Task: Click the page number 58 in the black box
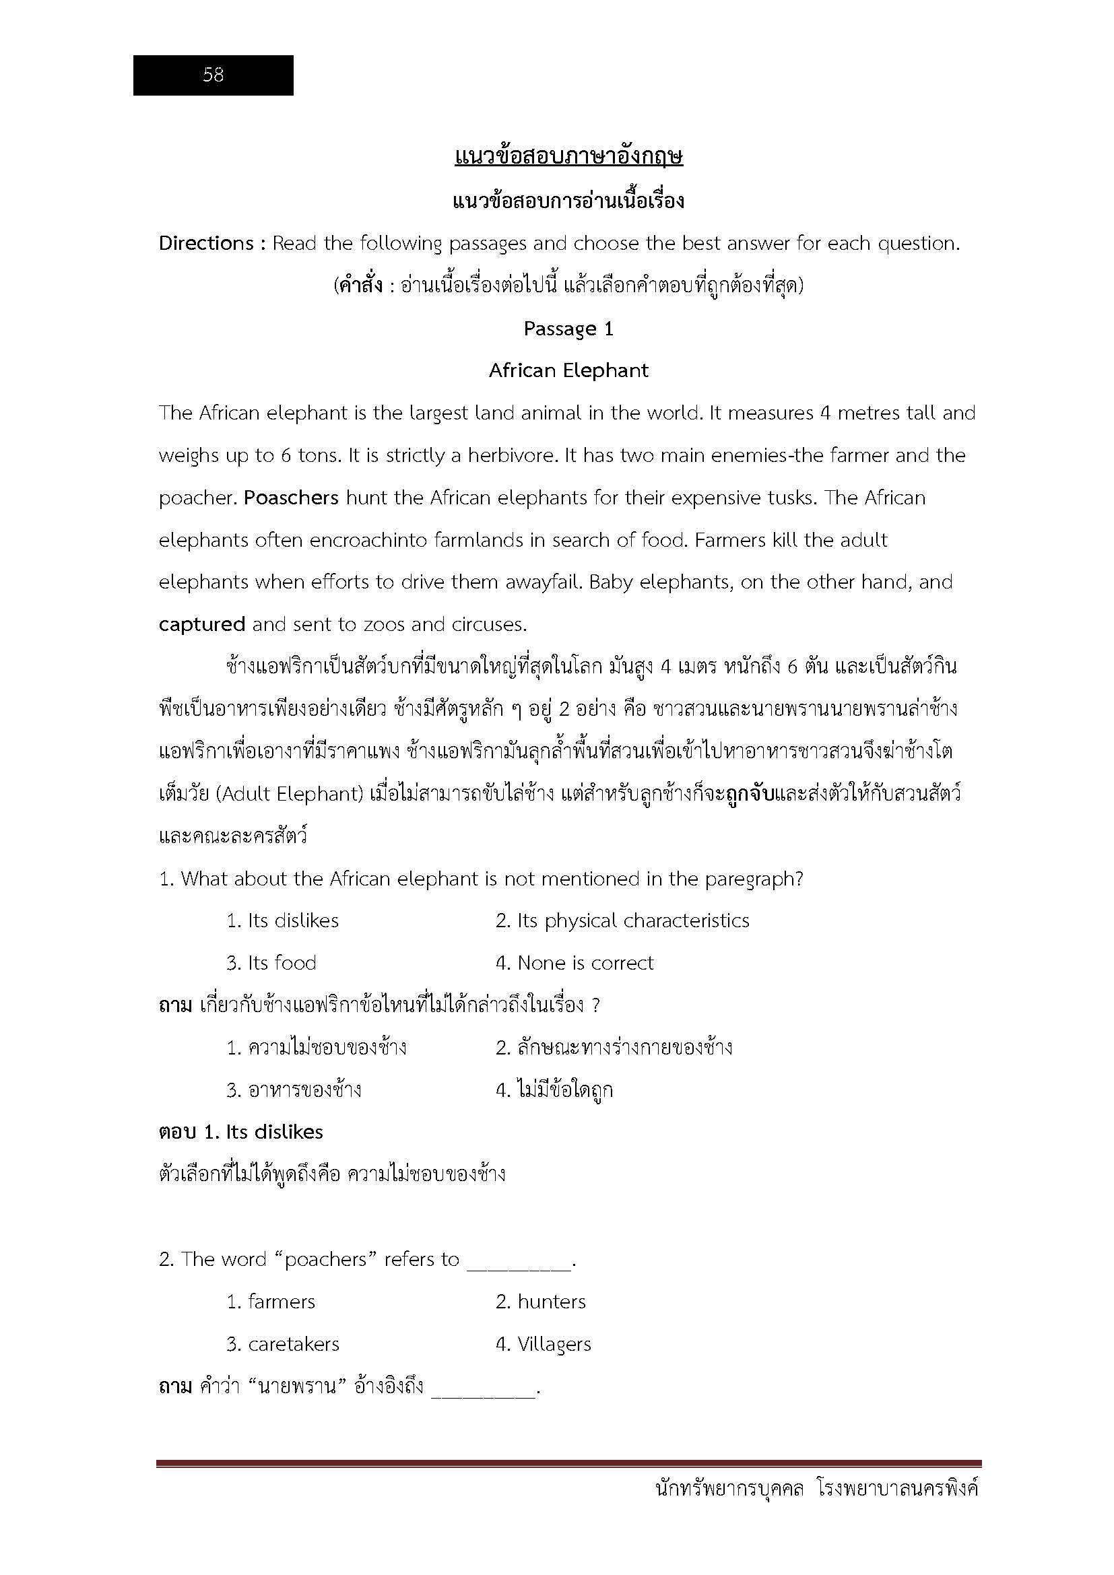(214, 75)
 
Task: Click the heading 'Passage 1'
(568, 329)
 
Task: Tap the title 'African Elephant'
(568, 370)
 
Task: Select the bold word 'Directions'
(206, 244)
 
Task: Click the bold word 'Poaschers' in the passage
(291, 498)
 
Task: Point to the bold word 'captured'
(201, 624)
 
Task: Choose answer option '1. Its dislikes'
(283, 920)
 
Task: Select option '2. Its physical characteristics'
(622, 920)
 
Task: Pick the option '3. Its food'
(271, 963)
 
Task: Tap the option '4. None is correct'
(574, 963)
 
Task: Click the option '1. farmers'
(271, 1302)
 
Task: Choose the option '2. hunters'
(541, 1302)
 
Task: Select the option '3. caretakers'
(283, 1344)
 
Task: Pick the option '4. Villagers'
(544, 1344)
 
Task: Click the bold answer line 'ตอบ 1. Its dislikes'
(240, 1132)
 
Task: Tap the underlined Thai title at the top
(568, 157)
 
